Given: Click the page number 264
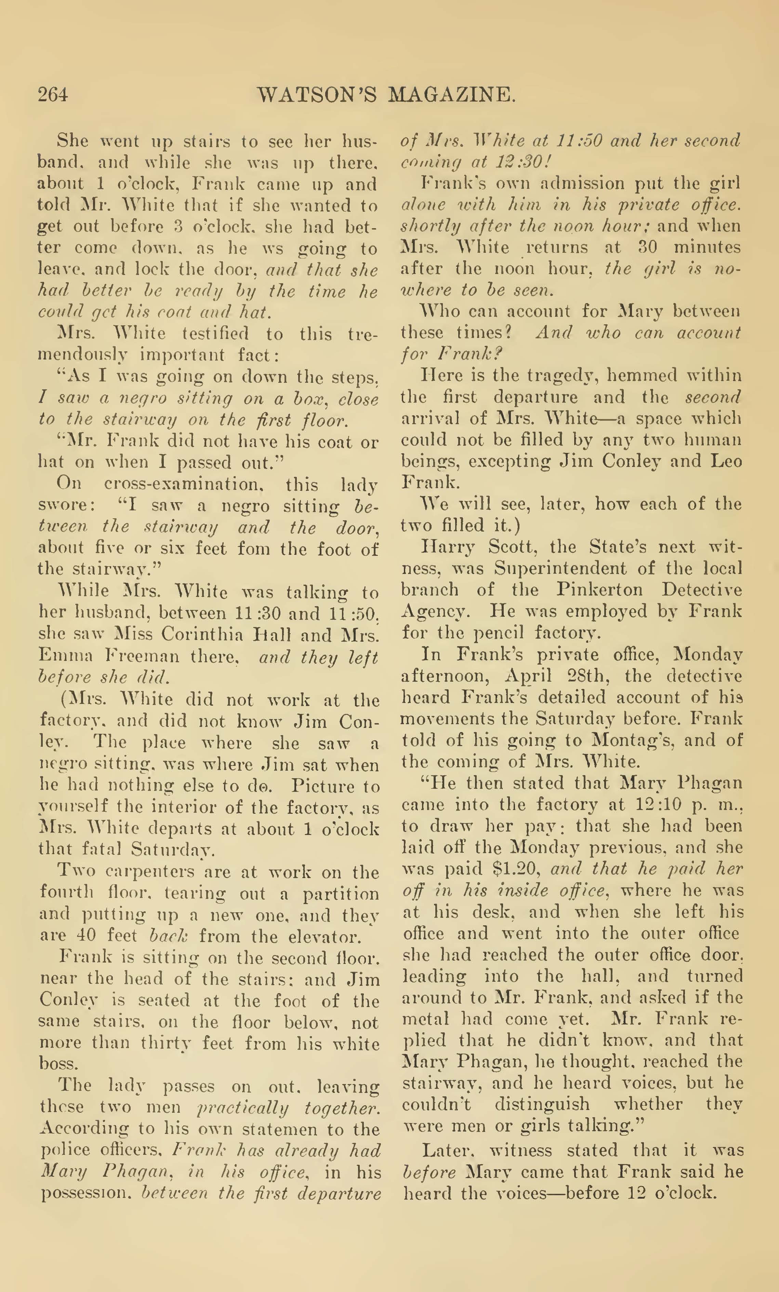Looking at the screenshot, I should (x=53, y=94).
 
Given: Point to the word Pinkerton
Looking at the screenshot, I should (x=599, y=590).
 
